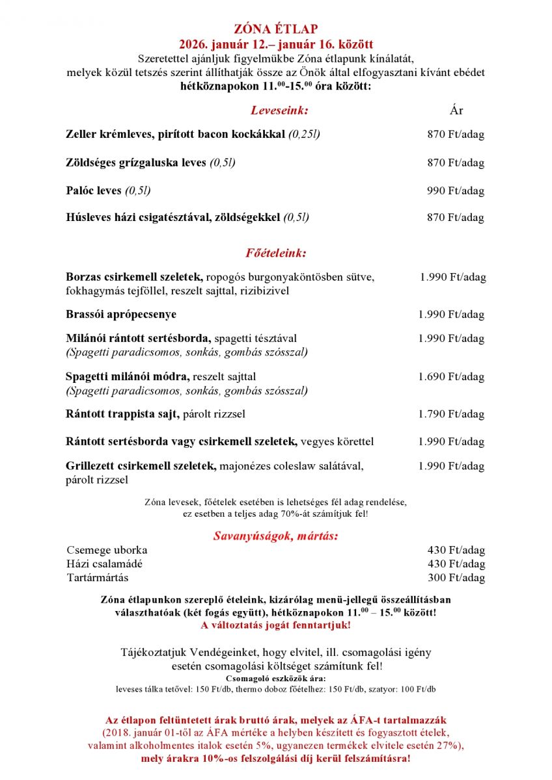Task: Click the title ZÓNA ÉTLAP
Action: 276,29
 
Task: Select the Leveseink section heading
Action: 279,110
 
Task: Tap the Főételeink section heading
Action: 276,252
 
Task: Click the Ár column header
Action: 456,110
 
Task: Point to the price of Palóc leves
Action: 456,191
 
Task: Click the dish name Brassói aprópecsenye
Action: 121,315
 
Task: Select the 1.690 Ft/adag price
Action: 451,377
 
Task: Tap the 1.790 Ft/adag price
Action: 451,414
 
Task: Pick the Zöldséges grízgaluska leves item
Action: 136,162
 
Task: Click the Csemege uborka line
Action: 107,550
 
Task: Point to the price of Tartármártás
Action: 456,578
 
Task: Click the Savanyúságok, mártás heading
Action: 276,536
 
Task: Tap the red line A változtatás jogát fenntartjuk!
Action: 276,625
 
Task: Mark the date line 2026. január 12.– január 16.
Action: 276,44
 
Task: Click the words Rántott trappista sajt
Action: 122,414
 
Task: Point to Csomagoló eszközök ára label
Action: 276,679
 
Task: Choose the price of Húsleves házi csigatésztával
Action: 456,218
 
